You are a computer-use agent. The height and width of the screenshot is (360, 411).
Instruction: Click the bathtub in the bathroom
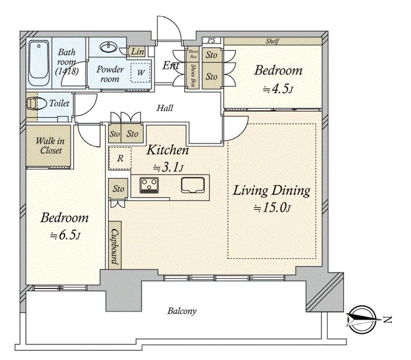point(38,62)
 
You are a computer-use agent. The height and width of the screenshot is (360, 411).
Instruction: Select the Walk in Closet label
point(48,145)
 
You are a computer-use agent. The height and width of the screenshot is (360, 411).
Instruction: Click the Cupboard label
point(115,245)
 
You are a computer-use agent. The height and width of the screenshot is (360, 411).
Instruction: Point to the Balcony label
point(182,311)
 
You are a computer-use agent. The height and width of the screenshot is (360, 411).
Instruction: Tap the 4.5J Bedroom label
point(278,79)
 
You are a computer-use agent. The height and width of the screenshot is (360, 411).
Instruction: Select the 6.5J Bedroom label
point(64,227)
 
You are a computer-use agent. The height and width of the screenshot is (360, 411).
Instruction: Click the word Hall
point(165,108)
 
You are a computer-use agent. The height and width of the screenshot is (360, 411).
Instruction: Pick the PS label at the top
point(211,41)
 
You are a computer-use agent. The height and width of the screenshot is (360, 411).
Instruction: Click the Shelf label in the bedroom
point(271,41)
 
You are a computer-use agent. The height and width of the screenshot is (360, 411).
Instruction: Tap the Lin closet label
point(137,51)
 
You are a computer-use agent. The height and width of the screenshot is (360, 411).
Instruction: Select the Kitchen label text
point(167,150)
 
